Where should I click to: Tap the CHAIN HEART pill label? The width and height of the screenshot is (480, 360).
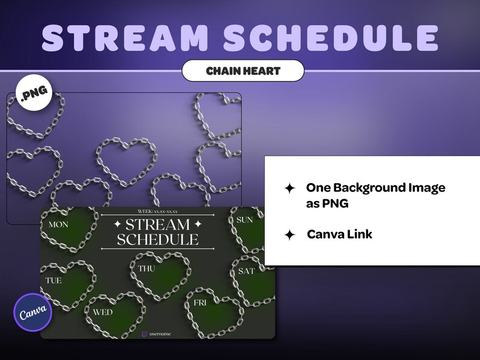(x=243, y=71)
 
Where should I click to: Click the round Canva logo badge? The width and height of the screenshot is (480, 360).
(x=33, y=312)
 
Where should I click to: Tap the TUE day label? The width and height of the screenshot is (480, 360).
(x=54, y=281)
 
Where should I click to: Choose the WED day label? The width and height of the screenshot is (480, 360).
(x=103, y=312)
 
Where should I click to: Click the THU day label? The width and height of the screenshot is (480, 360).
(x=147, y=268)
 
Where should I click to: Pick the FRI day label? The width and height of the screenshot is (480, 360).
(x=199, y=302)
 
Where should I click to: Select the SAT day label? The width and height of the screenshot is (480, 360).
(x=247, y=271)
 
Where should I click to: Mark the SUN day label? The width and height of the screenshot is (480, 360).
(x=245, y=220)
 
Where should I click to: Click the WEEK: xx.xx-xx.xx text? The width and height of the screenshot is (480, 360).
(x=157, y=211)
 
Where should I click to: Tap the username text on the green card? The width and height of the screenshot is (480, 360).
(x=160, y=333)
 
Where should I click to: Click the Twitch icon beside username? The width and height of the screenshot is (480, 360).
(x=144, y=333)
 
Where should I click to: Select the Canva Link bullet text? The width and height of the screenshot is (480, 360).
(x=339, y=234)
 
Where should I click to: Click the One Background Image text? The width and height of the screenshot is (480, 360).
(x=375, y=188)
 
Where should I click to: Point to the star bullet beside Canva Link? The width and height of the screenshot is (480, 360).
(x=290, y=235)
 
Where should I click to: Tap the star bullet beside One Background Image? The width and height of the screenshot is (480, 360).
(x=290, y=188)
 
